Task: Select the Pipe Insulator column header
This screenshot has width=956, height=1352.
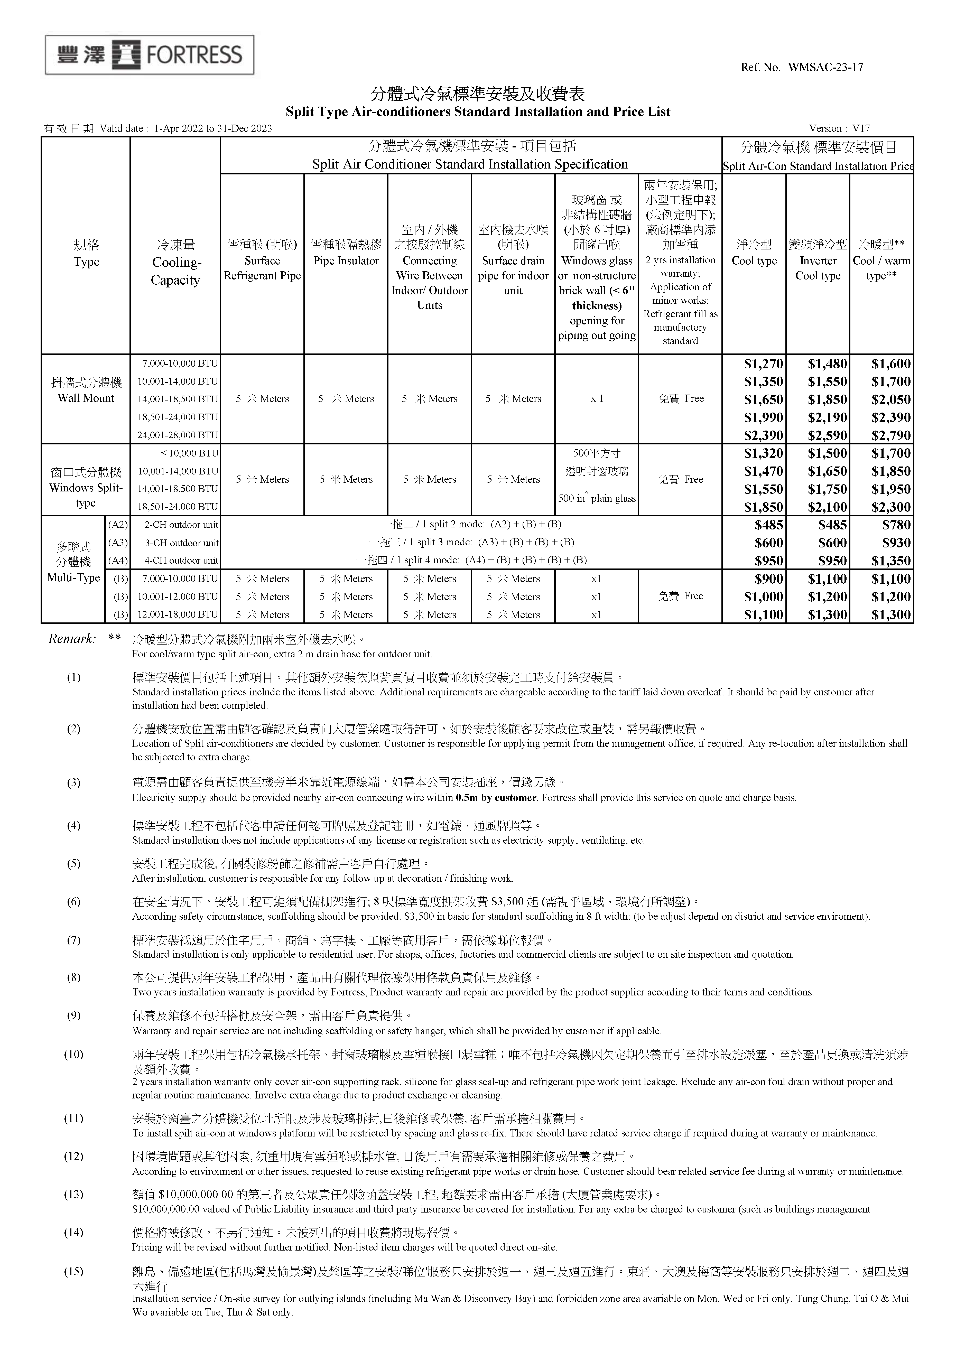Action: (346, 261)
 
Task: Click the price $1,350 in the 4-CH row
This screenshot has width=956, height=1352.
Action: (891, 561)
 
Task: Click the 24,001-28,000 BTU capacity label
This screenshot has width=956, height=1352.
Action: (177, 436)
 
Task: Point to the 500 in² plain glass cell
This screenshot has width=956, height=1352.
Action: (597, 498)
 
